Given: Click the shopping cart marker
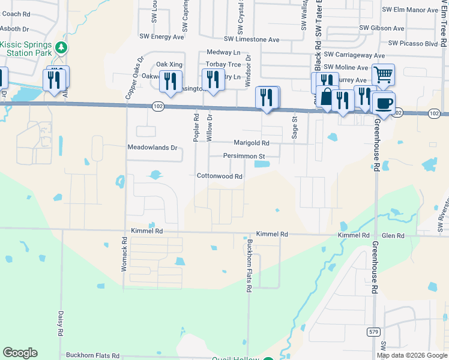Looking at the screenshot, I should point(383,75).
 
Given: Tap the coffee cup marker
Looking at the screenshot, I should point(384,102).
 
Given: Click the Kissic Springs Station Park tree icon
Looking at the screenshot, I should point(60,47).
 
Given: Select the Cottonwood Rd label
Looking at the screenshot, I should point(220,176).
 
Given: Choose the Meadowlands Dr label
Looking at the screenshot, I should point(152,147).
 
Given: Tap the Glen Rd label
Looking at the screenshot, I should point(393,236).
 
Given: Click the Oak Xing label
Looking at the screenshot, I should point(169,64).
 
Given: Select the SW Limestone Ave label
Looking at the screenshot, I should point(252,40).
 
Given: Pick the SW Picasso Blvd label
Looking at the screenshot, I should point(413,43).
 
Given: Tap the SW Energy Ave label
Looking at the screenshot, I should point(161,37).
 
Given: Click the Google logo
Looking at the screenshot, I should point(20,353).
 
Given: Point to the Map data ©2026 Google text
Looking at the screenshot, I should point(412,355).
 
